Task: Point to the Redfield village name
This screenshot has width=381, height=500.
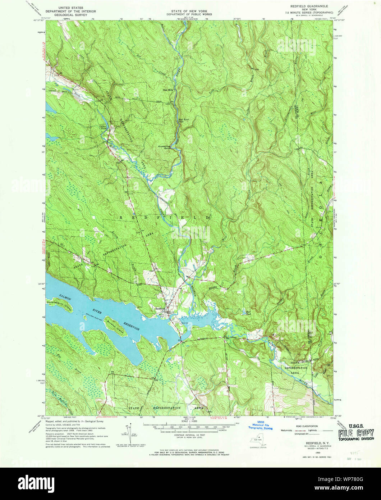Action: [160, 309]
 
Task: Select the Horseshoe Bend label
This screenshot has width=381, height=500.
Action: [164, 147]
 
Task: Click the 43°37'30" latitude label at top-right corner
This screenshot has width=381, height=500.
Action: [340, 20]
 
